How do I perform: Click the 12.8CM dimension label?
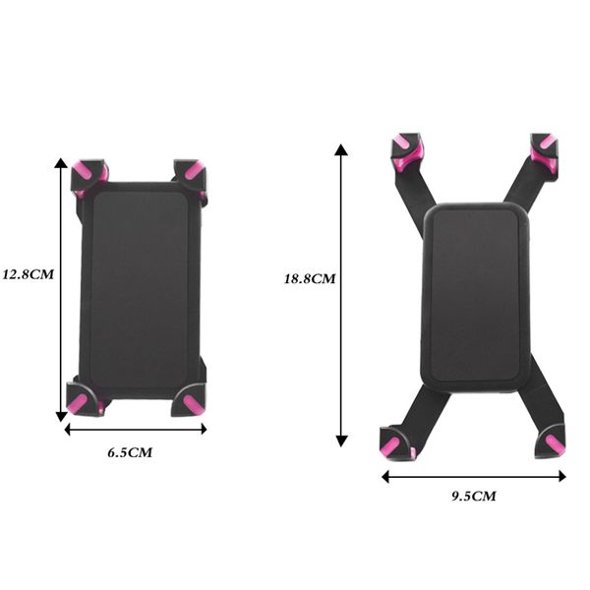pos(28,274)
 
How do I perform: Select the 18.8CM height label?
pos(310,278)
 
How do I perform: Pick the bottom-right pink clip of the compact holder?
pos(192,402)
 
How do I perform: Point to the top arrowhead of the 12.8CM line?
pos(62,163)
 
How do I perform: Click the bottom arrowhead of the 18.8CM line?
pos(341,442)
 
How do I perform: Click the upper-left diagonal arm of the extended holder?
pos(411,192)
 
